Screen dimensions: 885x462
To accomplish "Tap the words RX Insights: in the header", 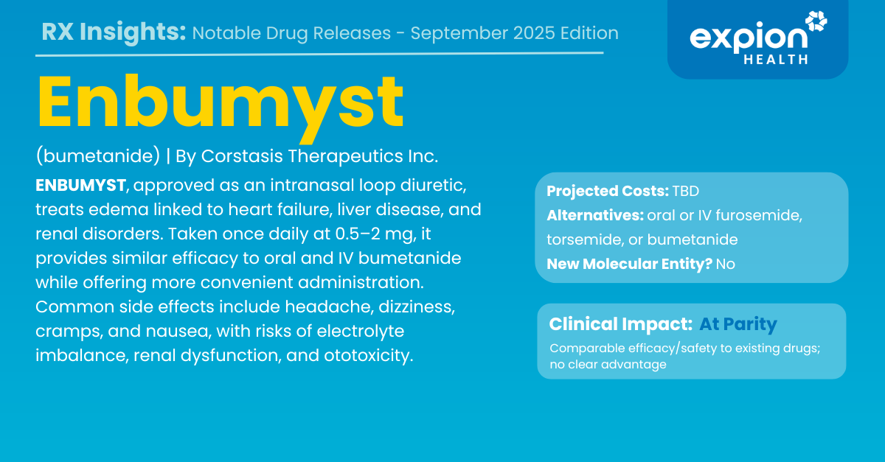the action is point(114,32).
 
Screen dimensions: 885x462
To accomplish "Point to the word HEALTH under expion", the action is point(776,60).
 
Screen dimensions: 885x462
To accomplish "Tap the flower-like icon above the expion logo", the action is point(816,21).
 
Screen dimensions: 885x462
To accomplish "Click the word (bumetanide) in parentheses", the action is point(98,156).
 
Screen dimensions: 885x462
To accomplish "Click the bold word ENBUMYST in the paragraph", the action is point(80,185).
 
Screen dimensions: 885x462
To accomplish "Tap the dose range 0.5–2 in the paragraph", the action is point(358,234).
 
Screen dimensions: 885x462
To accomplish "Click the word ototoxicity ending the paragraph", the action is point(368,355).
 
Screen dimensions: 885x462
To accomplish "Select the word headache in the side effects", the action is point(330,307).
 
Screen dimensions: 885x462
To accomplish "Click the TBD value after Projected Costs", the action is point(686,191).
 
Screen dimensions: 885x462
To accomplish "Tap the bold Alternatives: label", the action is point(595,216).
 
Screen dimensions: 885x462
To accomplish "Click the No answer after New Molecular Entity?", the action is point(726,265).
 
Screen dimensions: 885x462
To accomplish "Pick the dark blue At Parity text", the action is point(738,324).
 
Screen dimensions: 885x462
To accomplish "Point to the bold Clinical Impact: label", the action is point(621,324).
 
